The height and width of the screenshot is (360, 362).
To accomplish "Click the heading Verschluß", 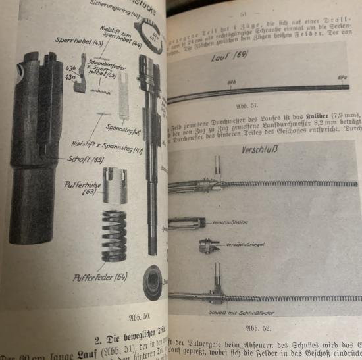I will pos(259,151).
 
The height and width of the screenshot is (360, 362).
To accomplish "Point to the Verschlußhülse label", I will pos(229,222).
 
